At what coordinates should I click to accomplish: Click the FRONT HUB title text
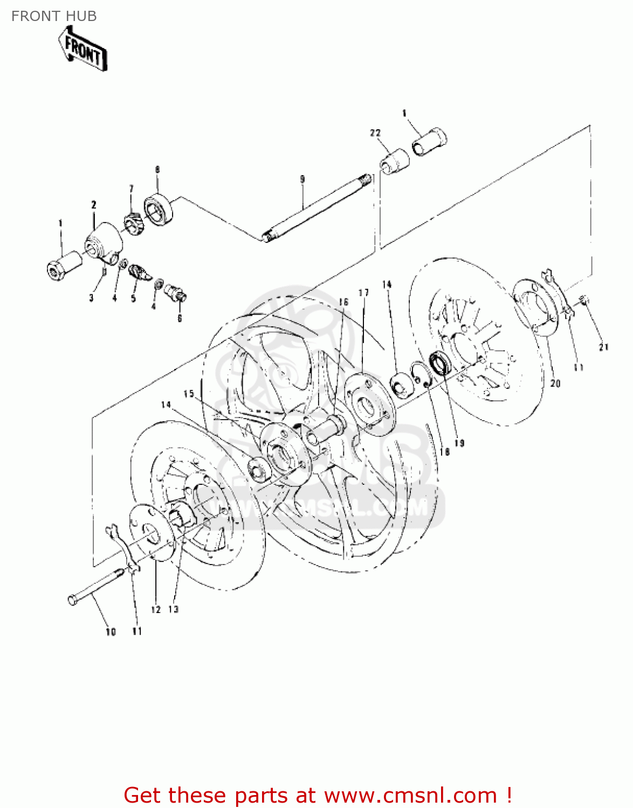[x=54, y=16]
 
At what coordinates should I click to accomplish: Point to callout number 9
[x=302, y=179]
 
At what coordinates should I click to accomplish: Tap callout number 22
[x=375, y=133]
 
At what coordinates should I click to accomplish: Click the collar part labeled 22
[x=395, y=161]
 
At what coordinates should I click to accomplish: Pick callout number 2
[x=94, y=205]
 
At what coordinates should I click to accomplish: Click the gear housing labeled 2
[x=105, y=242]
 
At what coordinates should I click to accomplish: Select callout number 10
[x=111, y=632]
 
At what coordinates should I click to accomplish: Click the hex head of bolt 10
[x=73, y=599]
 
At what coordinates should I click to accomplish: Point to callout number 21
[x=603, y=347]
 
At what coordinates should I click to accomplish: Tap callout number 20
[x=555, y=383]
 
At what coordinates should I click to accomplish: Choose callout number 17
[x=364, y=292]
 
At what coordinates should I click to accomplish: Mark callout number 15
[x=189, y=394]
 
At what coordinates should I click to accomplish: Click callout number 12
[x=156, y=609]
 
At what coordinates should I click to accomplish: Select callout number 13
[x=173, y=609]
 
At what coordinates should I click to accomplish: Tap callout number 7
[x=131, y=188]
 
